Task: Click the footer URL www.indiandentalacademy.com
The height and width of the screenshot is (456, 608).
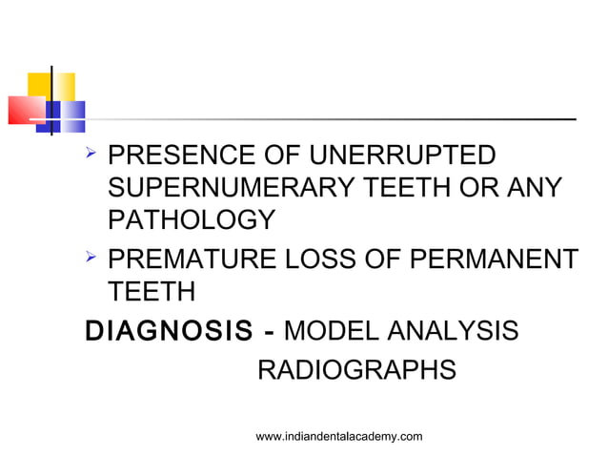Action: coord(340,436)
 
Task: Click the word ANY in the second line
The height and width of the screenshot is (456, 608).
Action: coord(534,189)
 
